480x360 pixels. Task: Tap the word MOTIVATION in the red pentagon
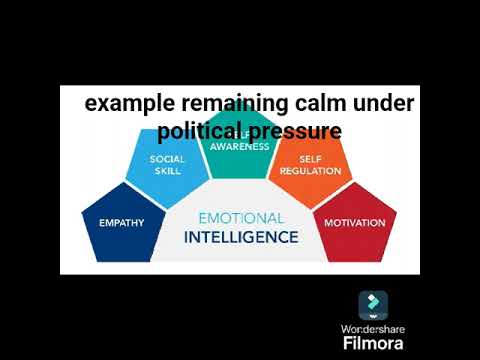[x=354, y=222]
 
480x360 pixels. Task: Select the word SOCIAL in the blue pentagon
[x=167, y=159]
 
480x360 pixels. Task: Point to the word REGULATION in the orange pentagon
[x=311, y=171]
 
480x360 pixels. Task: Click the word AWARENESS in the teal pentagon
[x=239, y=146]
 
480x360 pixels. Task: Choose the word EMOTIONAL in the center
[x=240, y=218]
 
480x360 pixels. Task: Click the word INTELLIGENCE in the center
[x=240, y=237]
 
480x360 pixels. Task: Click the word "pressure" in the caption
[x=297, y=132]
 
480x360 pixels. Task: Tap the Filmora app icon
[x=373, y=304]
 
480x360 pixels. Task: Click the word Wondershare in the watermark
[x=373, y=328]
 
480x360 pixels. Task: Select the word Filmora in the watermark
[x=373, y=343]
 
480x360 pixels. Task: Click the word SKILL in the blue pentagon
[x=167, y=171]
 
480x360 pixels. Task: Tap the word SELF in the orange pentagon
[x=311, y=159]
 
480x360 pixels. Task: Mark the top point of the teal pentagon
[x=239, y=112]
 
